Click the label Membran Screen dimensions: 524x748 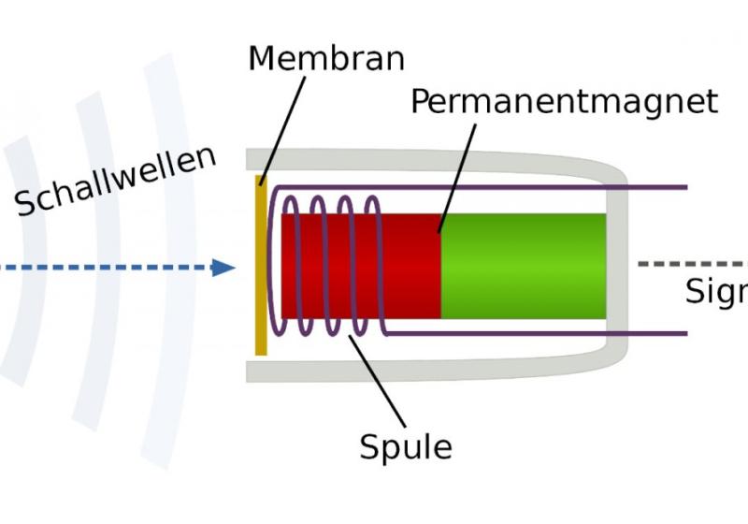(326, 58)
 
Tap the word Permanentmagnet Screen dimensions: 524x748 (564, 101)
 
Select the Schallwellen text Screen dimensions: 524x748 (115, 182)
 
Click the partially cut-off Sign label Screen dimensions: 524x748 (717, 292)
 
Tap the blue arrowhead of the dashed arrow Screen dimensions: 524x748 (223, 268)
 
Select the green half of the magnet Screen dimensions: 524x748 (523, 267)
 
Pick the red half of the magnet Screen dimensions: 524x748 (411, 267)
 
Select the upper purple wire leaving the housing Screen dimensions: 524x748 (654, 187)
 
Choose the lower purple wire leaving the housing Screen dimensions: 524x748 (654, 333)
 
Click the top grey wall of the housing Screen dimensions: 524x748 (421, 160)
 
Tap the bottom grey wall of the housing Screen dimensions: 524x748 (421, 371)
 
